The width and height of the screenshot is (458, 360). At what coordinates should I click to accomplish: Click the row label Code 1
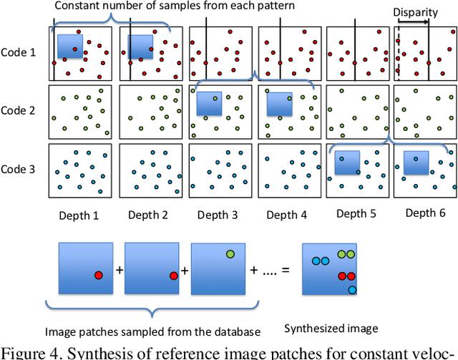(x=21, y=52)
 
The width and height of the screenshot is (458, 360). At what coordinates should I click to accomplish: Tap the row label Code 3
(x=21, y=170)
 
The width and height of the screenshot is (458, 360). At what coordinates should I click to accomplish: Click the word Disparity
(x=414, y=12)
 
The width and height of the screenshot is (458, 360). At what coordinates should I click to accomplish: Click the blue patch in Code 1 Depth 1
(x=70, y=47)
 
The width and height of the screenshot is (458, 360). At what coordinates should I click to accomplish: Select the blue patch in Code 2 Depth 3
(x=209, y=104)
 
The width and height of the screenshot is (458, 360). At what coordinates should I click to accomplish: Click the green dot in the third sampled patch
(x=230, y=253)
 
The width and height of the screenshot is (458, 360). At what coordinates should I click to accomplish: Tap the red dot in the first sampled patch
(x=98, y=275)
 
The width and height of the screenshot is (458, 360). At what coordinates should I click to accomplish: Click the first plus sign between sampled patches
(x=119, y=271)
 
